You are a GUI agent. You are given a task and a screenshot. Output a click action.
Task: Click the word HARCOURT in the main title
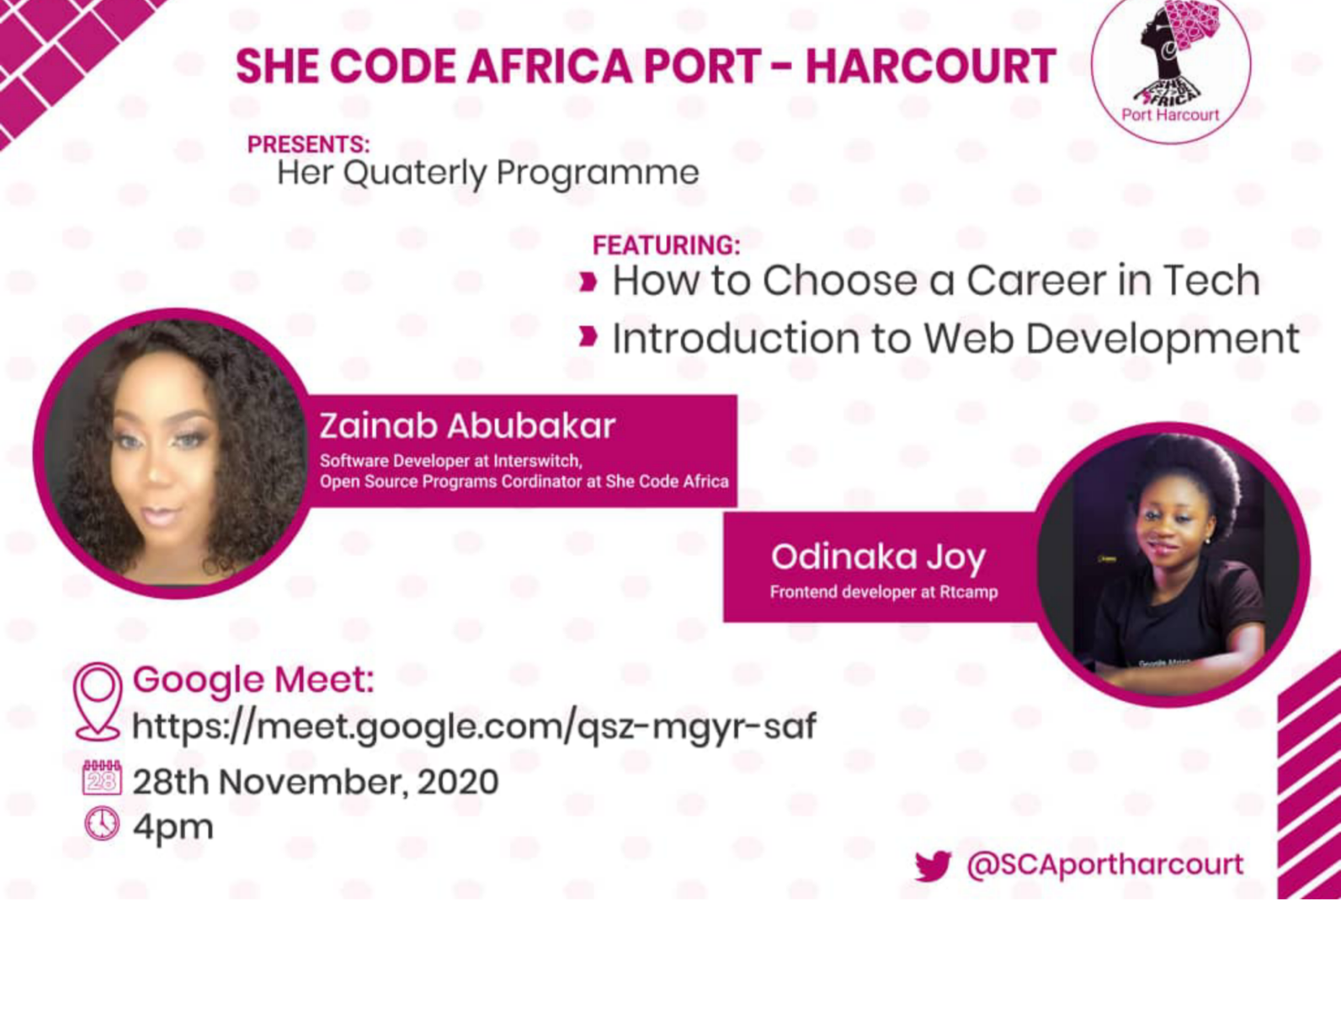[x=931, y=66]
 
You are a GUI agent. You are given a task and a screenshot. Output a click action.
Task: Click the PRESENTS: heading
[x=308, y=144]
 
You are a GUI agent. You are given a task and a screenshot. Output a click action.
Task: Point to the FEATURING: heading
[x=666, y=245]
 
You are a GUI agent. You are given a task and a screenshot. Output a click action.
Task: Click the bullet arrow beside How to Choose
[x=588, y=281]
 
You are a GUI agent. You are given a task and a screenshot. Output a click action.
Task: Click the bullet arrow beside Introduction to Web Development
[x=588, y=336]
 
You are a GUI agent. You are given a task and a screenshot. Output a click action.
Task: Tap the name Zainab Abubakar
[x=466, y=426]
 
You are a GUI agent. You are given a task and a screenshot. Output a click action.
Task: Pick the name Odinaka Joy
[x=878, y=558]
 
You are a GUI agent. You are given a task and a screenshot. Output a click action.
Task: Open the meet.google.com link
[x=474, y=727]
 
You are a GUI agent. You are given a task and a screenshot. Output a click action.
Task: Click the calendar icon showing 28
[x=101, y=778]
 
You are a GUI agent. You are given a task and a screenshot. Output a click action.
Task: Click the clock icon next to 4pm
[x=102, y=824]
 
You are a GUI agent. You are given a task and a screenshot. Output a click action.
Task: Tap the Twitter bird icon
[x=932, y=866]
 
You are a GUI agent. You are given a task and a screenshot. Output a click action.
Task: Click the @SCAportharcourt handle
[x=1104, y=865]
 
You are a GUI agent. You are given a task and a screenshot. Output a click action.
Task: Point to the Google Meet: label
[x=253, y=679]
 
